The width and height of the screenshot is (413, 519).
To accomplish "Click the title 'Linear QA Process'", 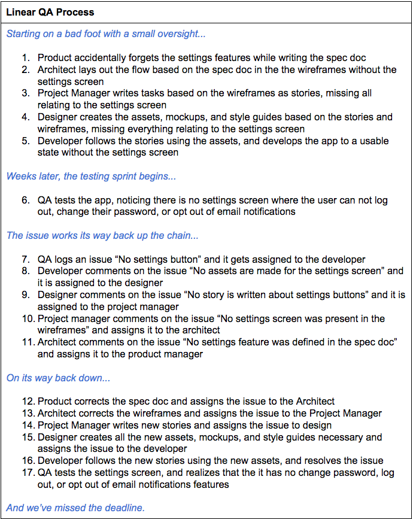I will [x=50, y=11].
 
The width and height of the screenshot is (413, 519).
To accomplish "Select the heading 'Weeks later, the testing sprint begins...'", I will [x=91, y=177].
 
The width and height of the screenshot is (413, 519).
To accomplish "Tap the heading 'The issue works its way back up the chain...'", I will [x=102, y=235].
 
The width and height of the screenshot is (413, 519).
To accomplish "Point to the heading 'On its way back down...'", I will [x=58, y=378].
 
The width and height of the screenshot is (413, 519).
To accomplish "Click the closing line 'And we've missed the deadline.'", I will [x=75, y=508].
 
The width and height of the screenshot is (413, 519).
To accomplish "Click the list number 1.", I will [x=26, y=58].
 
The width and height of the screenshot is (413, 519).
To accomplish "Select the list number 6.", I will [x=26, y=201].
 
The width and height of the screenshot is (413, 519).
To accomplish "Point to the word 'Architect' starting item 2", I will [x=58, y=70].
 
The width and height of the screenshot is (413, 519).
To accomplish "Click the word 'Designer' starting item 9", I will [x=57, y=295].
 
